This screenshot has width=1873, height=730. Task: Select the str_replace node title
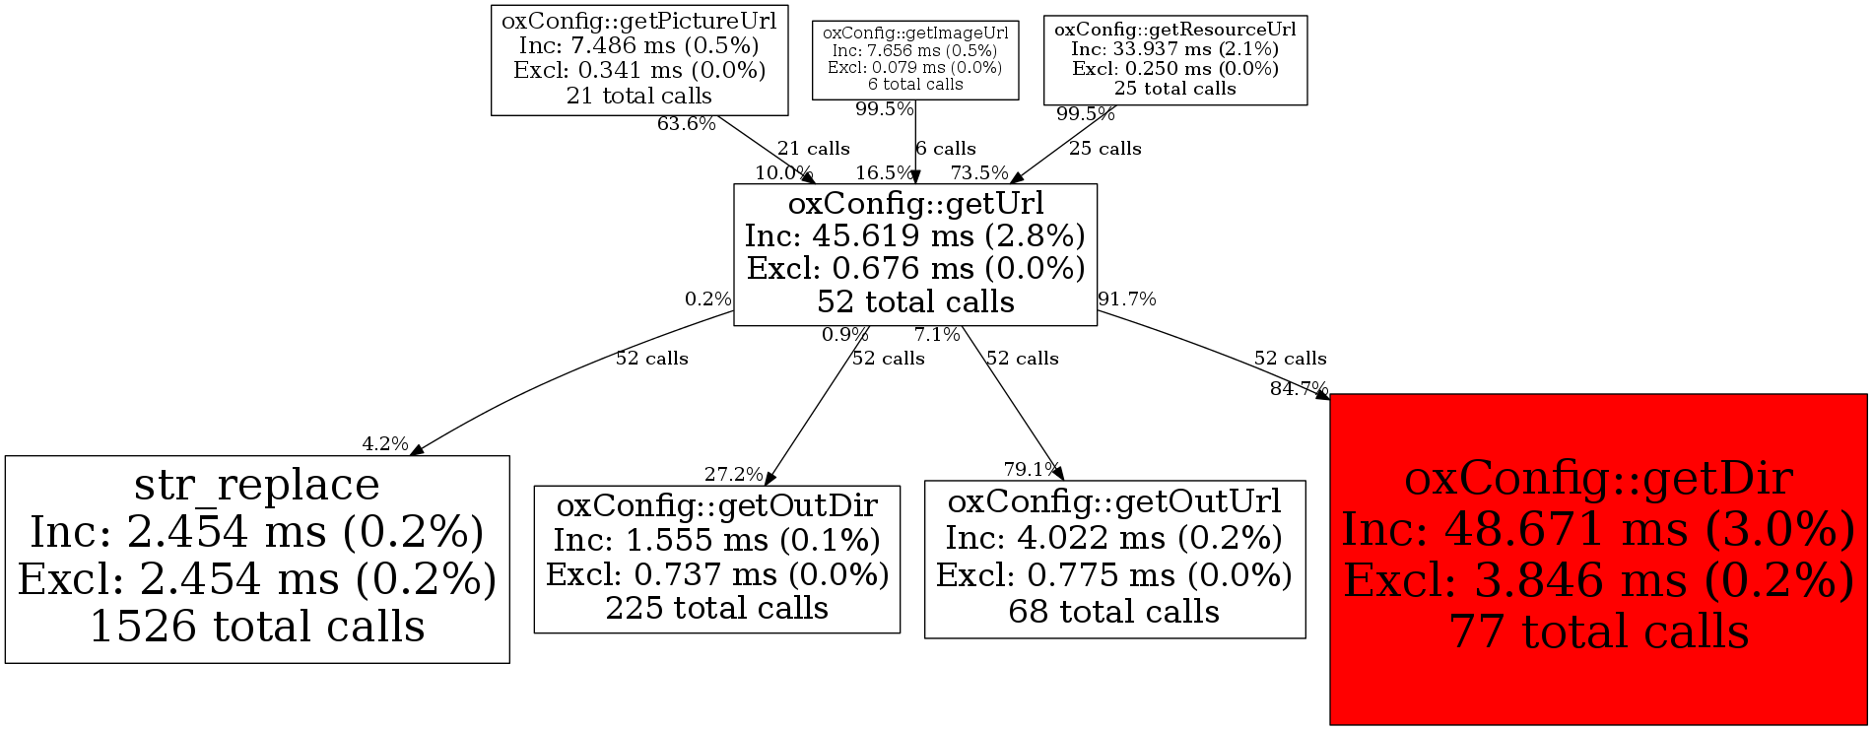pos(256,485)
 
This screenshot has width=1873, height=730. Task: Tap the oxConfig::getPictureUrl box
pos(638,59)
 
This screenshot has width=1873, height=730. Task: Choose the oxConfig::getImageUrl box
pos(914,59)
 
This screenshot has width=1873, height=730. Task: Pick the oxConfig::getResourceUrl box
pos(1174,59)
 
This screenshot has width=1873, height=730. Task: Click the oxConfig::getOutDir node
pos(716,558)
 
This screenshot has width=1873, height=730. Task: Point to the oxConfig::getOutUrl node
pos(1114,558)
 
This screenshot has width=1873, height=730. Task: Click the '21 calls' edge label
pos(813,149)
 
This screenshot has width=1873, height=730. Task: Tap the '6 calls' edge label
pos(946,149)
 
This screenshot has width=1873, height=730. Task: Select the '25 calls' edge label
pos(1104,149)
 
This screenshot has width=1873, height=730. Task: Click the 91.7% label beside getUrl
pos(1127,299)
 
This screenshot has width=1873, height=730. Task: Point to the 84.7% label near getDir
pos(1299,389)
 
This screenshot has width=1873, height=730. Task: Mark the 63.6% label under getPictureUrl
pos(686,124)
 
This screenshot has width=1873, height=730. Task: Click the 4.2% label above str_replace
pos(384,444)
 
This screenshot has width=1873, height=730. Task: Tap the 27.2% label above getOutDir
pos(733,475)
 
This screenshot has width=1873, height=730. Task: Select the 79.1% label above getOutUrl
pos(1032,469)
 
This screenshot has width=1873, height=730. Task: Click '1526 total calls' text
pos(256,628)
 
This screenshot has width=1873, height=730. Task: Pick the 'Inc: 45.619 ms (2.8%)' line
pos(914,236)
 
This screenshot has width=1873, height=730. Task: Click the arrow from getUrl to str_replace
pos(552,384)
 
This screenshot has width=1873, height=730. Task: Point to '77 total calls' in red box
pos(1598,631)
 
